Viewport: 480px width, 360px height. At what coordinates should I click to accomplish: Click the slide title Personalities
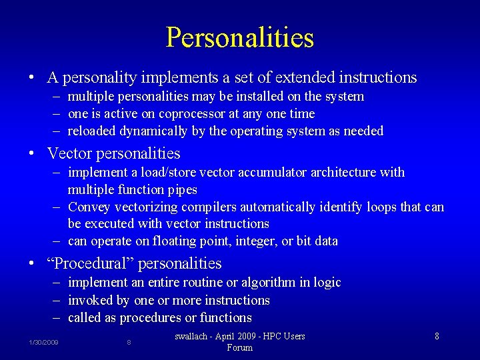click(240, 37)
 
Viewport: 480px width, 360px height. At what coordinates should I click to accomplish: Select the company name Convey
click(89, 207)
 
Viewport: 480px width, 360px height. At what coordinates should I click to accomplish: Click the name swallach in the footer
click(195, 337)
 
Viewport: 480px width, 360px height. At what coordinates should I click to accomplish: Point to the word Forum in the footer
click(240, 348)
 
